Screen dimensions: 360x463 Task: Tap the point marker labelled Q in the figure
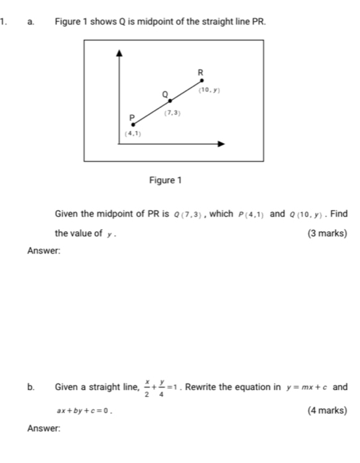point(170,101)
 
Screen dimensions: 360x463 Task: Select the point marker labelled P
point(132,124)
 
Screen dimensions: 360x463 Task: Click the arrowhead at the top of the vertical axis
point(120,53)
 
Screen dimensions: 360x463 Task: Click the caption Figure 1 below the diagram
point(166,180)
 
